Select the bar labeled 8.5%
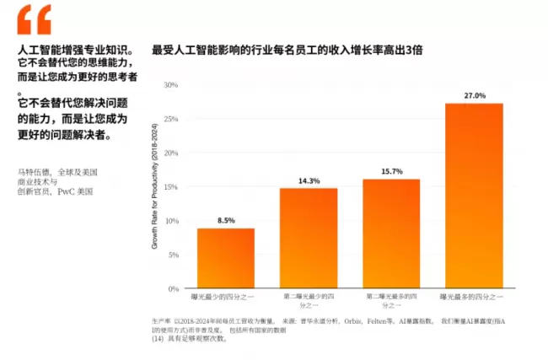point(225,258)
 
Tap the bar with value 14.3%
point(308,238)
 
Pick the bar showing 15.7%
point(390,234)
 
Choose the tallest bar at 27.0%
point(474,196)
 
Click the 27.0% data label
point(475,96)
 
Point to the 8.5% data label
point(226,221)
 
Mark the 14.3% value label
point(309,180)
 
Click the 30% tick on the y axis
point(171,85)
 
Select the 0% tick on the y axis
point(174,288)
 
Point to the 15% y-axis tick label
point(171,187)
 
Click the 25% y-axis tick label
point(171,119)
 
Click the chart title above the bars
point(287,51)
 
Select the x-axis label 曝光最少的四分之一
point(225,298)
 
